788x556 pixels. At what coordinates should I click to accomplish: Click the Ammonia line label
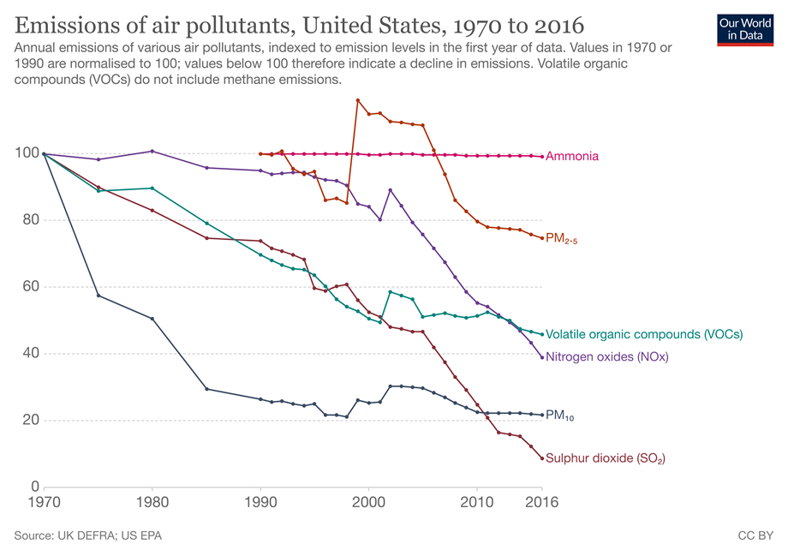tap(571, 157)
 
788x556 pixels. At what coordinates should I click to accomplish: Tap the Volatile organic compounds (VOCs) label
tap(643, 334)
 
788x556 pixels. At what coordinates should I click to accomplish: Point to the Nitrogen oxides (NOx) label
tap(606, 357)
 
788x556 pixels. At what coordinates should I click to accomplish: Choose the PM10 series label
tap(559, 416)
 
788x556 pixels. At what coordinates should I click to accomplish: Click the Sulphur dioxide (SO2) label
tap(605, 458)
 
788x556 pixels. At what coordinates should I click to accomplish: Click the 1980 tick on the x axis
tap(152, 502)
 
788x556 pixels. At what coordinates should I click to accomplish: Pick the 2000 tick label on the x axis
tap(368, 502)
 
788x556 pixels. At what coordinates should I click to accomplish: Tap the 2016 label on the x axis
tap(541, 502)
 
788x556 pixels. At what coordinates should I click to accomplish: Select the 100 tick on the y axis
tap(23, 153)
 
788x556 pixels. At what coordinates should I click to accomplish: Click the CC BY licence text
tap(755, 535)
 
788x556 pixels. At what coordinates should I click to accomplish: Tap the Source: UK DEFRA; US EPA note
tap(88, 535)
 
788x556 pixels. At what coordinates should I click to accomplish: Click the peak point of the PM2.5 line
tap(357, 100)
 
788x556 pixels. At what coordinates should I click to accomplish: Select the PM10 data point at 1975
tap(98, 296)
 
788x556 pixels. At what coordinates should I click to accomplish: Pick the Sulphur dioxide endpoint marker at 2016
tap(542, 458)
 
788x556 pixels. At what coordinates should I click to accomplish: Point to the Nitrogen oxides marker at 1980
tap(152, 151)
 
